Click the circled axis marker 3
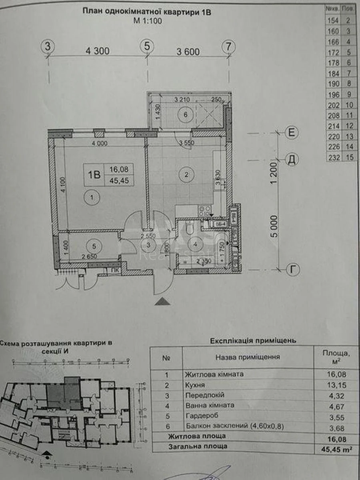pos(48,46)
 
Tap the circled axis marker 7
pos(228,46)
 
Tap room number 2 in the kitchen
pos(186,174)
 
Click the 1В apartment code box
pos(94,175)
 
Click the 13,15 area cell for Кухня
pos(335,385)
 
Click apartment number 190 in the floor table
pos(333,84)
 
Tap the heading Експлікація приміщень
pos(253,341)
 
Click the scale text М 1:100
pos(148,22)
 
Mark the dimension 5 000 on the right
pos(274,226)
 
